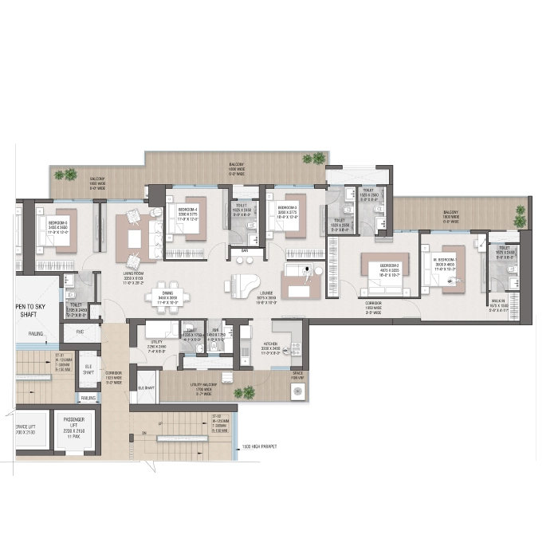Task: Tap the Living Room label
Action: coord(135,276)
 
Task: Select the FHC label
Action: coord(80,331)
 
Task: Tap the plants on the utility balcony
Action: coord(248,391)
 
